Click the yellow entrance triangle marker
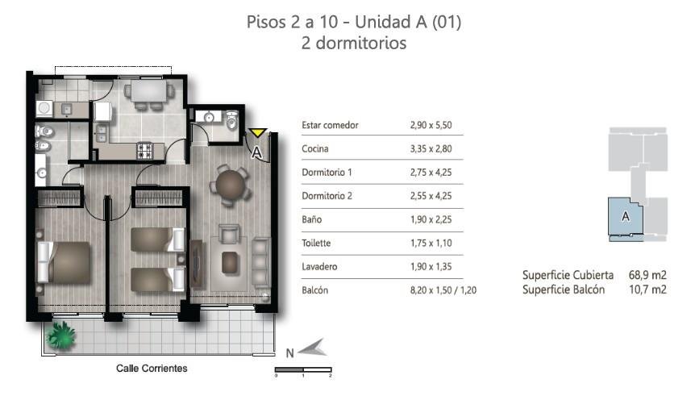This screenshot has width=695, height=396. coord(256,132)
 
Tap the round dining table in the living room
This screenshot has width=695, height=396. coord(230,184)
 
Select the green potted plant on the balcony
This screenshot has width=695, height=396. coord(61,335)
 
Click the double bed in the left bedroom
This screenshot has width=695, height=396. coord(65,262)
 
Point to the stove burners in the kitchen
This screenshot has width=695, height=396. coord(144,150)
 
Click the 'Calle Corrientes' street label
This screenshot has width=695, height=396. coord(152,368)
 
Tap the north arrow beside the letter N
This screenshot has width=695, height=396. coord(313,348)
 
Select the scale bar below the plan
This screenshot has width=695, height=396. coord(303,369)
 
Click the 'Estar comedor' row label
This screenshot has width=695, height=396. coord(330,125)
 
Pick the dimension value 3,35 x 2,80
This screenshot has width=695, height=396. coord(431,148)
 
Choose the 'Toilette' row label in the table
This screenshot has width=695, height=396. coord(316,243)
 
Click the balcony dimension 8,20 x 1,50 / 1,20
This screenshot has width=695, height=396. coord(443,290)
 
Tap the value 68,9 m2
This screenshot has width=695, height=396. coord(647,275)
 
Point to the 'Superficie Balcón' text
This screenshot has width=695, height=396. coord(564,290)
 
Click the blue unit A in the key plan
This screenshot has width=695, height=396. coord(625,217)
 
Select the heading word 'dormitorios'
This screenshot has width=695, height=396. coord(360,43)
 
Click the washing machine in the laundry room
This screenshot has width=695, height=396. coord(44,109)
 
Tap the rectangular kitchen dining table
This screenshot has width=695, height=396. coord(148,90)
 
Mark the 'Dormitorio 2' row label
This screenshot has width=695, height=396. coord(327,196)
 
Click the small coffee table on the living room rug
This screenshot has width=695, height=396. coord(229,262)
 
